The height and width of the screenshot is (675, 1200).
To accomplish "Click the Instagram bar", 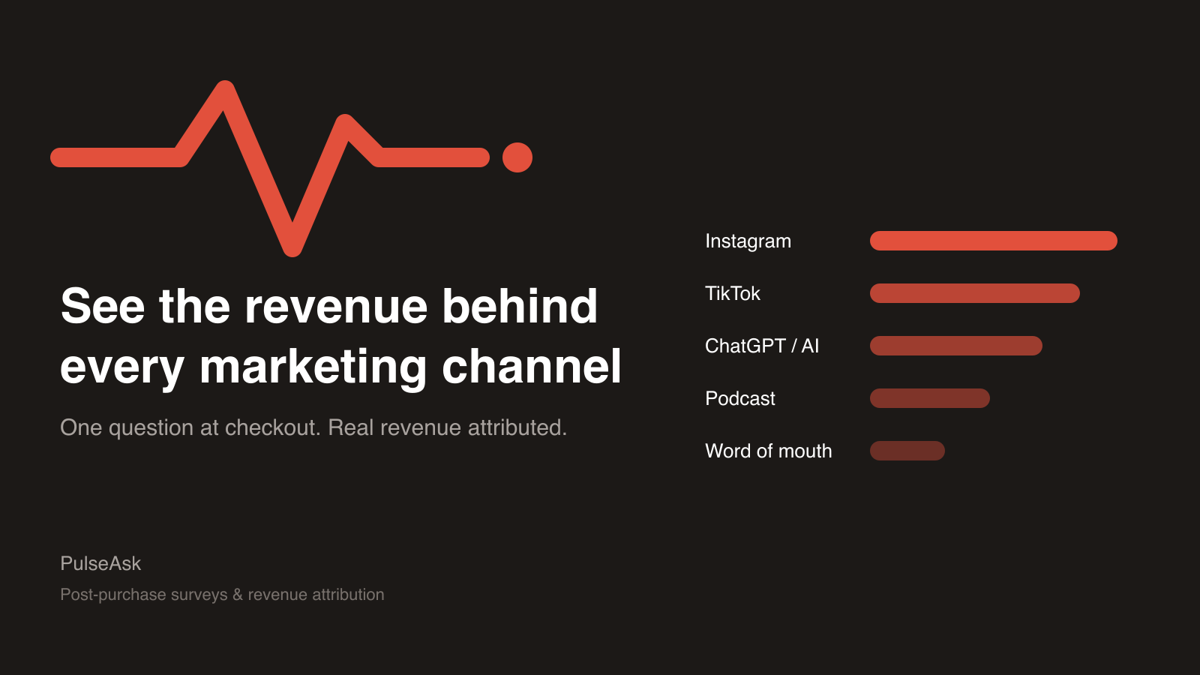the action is pos(993,241).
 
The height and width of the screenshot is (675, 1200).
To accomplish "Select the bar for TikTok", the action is pos(974,293).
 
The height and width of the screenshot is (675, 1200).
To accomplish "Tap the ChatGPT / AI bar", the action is pos(955,346).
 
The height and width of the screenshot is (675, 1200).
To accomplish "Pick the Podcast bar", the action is pos(929,398).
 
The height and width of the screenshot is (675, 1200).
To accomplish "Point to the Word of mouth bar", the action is pos(907,451).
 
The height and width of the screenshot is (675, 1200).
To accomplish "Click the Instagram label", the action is pos(748,241).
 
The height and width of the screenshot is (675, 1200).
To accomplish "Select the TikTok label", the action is pos(732,293).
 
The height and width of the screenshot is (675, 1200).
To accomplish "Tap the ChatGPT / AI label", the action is pos(762,346).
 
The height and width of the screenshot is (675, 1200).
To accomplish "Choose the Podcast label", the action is pos(739,398).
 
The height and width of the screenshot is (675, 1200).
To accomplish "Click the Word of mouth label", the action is pos(768,451).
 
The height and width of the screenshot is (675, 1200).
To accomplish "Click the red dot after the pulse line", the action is pos(517,157).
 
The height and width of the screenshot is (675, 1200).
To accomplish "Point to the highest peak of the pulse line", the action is pos(225,85).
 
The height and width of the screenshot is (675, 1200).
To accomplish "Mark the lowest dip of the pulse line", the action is pos(292,250).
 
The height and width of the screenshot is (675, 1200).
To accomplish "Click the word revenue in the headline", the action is pos(336,307).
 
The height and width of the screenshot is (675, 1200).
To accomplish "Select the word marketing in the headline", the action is pos(313,368).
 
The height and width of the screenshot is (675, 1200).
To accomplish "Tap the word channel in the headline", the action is pos(532,367).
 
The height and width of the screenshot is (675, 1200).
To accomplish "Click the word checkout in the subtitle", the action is pos(272,427).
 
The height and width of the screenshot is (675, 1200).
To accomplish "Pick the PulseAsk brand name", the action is pos(100,563).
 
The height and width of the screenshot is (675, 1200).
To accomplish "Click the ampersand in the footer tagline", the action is pos(238,595).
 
